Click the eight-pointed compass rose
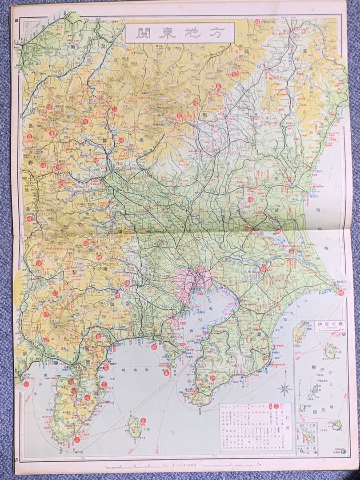coord(284,390)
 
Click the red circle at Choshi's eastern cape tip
coord(341,292)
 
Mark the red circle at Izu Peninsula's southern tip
coord(76,440)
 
